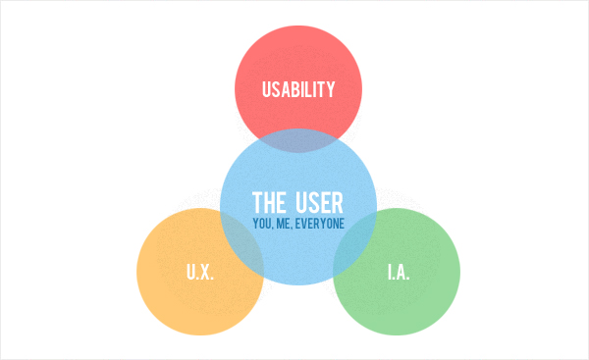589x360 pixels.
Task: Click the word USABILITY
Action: coord(298,90)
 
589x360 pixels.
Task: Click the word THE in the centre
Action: coord(269,203)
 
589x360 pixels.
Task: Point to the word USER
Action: coord(319,203)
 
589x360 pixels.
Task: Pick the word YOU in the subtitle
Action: coord(262,225)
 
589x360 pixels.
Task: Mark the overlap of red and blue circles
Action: coord(298,140)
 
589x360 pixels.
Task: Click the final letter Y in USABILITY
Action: coord(331,90)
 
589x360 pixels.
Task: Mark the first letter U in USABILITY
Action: coord(267,90)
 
